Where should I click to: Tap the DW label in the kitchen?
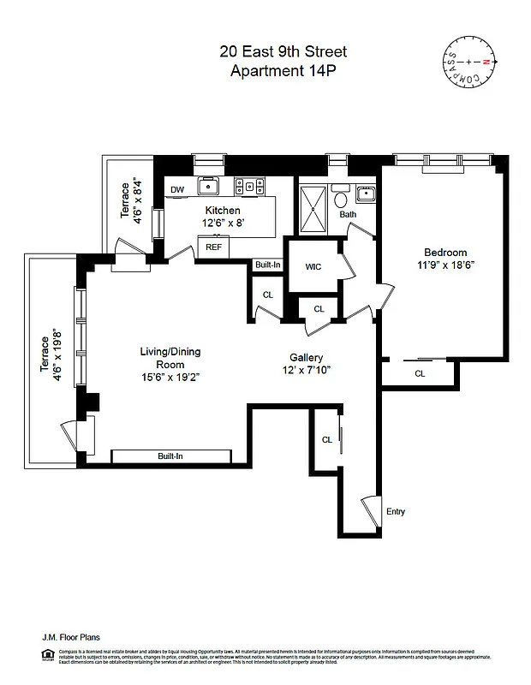177,190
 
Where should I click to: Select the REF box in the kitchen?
213,247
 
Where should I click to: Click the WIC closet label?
313,266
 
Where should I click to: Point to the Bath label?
348,215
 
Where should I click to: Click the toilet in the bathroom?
342,199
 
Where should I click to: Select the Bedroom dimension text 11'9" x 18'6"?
444,265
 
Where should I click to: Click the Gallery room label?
306,357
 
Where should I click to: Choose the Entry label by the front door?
395,512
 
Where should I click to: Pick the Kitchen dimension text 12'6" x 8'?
222,223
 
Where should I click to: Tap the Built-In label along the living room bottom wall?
170,456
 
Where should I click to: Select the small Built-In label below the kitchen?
267,265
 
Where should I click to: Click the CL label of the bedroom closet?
420,373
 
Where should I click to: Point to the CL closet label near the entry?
326,439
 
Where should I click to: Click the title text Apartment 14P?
283,71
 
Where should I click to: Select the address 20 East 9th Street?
283,52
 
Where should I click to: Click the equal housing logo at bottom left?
48,657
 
